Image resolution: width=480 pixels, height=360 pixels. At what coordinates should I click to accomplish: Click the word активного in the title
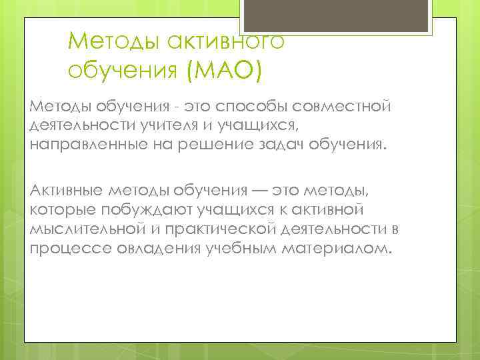[226, 42]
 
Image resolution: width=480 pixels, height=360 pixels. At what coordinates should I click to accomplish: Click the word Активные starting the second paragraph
[65, 191]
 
